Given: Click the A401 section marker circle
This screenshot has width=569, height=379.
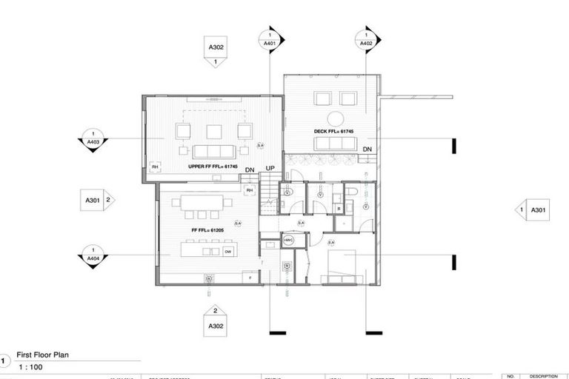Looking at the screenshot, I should coord(270,40).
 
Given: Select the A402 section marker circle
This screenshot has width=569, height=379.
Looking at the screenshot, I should coord(366,40).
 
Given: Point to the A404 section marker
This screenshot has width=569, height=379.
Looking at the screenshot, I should coord(94,255).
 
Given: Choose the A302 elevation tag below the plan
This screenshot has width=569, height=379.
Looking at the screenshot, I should coord(216,321).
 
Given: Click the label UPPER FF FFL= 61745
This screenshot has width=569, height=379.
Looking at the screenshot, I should coord(212,167).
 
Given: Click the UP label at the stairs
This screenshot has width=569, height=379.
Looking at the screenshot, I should coord(270,170).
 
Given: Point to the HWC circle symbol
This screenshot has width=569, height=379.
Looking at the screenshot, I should coord(288,241).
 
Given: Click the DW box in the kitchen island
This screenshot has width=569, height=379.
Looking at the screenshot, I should coord(228,252).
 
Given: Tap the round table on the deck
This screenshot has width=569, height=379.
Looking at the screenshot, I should coord(335,117).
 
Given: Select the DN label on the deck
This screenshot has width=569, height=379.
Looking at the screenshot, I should coord(367,150).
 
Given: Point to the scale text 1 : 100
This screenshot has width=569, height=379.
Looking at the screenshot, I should coord(30,368).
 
